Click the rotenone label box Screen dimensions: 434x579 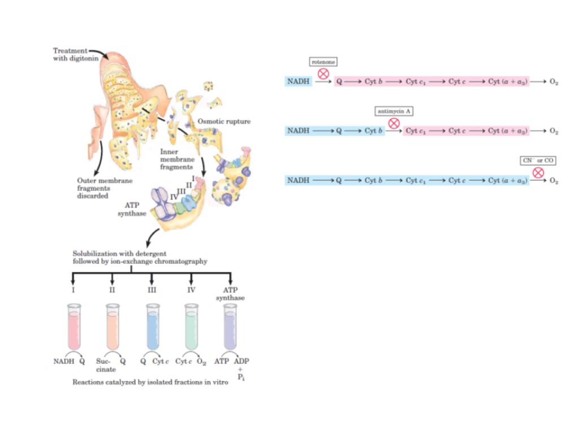[x=323, y=61]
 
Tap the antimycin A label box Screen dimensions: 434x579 [x=394, y=111]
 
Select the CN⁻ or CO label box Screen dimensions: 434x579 [x=538, y=161]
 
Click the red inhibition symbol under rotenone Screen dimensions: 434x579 [x=323, y=73]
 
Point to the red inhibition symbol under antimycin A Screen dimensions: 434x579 [x=394, y=123]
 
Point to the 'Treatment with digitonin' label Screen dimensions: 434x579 [x=70, y=54]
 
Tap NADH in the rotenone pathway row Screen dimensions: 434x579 [x=298, y=81]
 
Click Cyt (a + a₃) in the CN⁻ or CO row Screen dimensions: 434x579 [x=508, y=181]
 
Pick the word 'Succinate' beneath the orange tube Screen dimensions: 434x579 [x=105, y=365]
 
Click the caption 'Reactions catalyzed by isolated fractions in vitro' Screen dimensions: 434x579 [x=150, y=382]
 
